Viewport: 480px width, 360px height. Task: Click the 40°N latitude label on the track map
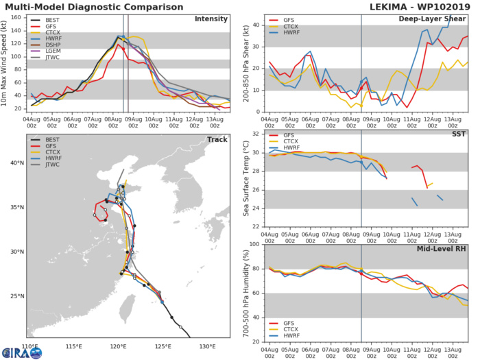[16, 163]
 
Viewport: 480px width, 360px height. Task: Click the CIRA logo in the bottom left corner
[21, 352]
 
